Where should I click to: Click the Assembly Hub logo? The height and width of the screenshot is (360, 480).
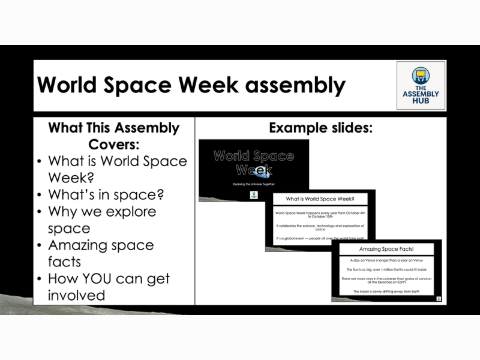tap(421, 85)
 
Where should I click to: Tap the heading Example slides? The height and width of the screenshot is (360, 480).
tap(320, 128)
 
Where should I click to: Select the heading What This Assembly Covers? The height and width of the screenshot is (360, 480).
tap(113, 136)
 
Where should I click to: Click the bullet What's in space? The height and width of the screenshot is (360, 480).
tap(106, 195)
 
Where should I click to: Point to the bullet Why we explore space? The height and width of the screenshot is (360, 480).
tap(102, 220)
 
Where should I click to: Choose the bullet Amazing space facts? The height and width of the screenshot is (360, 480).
tap(101, 253)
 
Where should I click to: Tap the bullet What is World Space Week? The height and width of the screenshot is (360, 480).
tap(117, 170)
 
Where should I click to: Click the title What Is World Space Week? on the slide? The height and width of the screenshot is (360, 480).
tap(320, 199)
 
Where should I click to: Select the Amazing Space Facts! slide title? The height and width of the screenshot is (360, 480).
tap(386, 249)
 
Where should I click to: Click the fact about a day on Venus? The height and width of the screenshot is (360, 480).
tap(386, 260)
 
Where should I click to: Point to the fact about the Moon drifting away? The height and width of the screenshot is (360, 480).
tap(386, 292)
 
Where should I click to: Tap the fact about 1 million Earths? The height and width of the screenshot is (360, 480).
tap(386, 269)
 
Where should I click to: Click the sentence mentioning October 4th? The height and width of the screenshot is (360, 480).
tap(320, 214)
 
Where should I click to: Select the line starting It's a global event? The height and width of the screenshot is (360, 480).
tap(320, 238)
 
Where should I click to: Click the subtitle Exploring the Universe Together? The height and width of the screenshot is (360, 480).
tap(254, 184)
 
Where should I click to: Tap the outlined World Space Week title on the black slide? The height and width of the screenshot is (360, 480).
tap(254, 163)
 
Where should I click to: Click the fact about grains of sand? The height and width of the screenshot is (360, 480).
tap(386, 280)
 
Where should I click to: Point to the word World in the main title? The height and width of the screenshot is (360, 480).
tap(70, 85)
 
